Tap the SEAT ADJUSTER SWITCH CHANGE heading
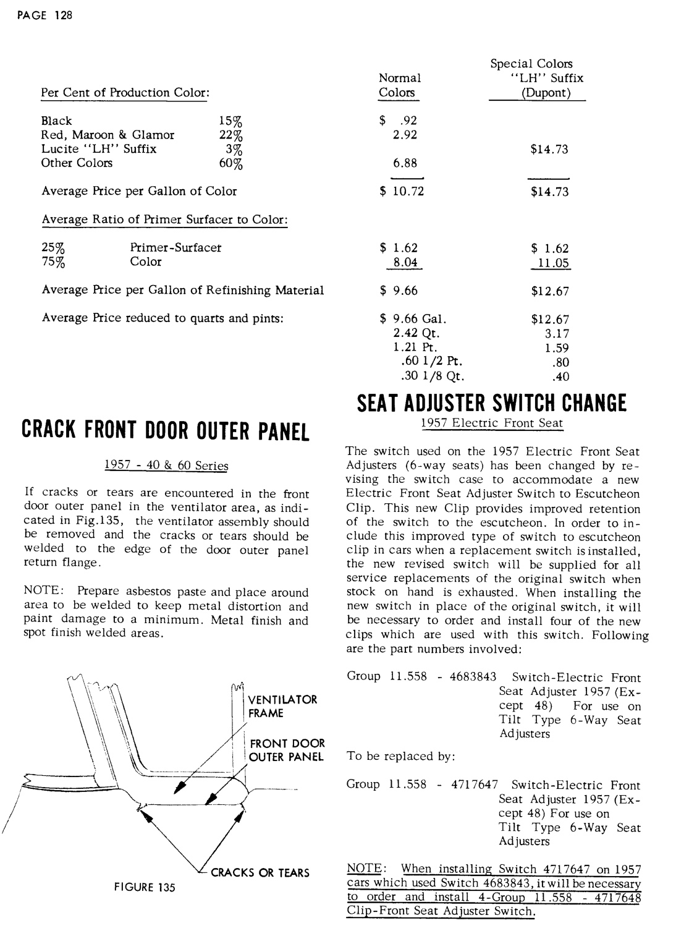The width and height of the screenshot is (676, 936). (492, 403)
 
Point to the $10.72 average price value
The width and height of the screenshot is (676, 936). (402, 191)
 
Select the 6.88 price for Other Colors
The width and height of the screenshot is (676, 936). (405, 163)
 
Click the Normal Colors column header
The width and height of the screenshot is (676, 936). (399, 86)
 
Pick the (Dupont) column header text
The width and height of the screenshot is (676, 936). (537, 93)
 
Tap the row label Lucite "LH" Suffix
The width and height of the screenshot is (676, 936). (99, 149)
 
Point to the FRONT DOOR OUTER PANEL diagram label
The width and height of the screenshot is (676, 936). (286, 750)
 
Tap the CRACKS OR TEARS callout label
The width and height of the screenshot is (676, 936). (260, 872)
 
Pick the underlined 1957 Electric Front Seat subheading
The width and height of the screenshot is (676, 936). (492, 423)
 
